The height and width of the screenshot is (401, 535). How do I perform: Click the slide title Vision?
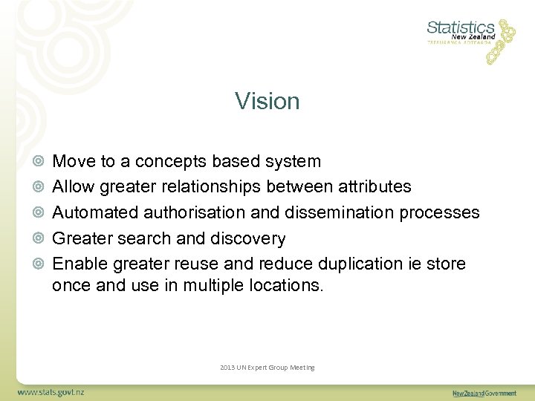pyautogui.click(x=267, y=101)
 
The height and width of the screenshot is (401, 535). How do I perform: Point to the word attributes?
pyautogui.click(x=374, y=187)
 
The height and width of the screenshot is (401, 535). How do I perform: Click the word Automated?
pyautogui.click(x=95, y=212)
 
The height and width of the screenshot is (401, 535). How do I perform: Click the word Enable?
pyautogui.click(x=76, y=264)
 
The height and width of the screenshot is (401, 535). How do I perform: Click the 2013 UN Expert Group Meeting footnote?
pyautogui.click(x=267, y=368)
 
